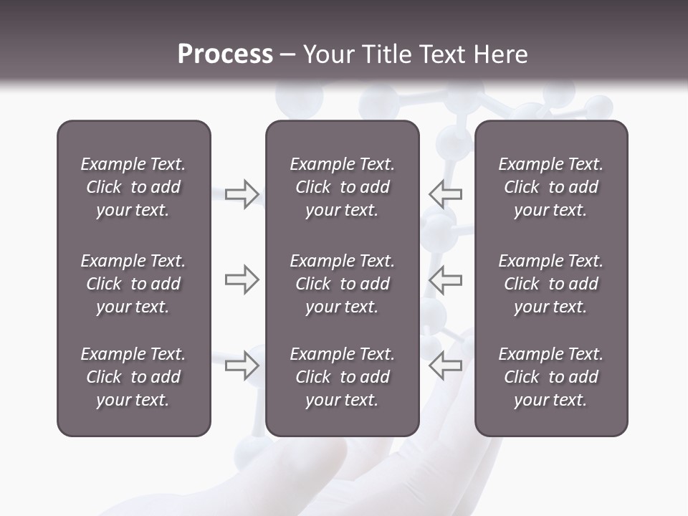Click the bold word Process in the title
point(225,54)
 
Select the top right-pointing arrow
point(242,193)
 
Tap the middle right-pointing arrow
point(242,279)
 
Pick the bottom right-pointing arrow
point(242,365)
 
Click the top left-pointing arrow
point(446,193)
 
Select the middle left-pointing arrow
point(446,279)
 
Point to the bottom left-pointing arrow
point(446,365)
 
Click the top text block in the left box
point(133,187)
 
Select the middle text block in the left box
point(133,284)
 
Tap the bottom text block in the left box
point(133,377)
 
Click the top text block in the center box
point(342,187)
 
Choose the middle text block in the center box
point(342,284)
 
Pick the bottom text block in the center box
point(342,377)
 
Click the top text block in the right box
point(550,187)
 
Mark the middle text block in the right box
point(550,284)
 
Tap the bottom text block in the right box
point(550,377)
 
